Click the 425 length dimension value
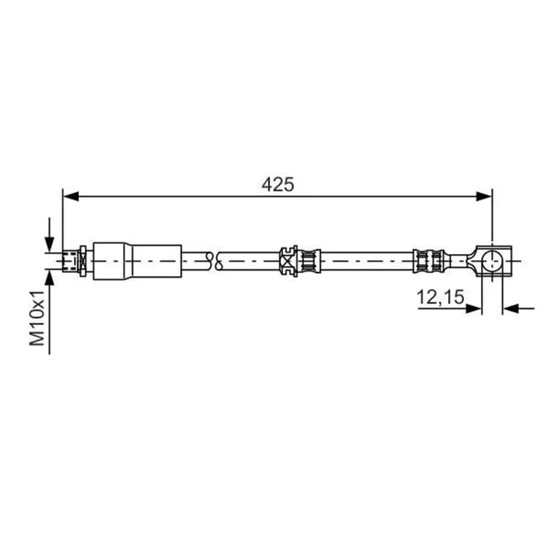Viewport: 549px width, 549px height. [x=277, y=184]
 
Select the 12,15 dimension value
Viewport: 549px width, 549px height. [x=440, y=297]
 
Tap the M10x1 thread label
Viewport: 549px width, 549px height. [x=37, y=318]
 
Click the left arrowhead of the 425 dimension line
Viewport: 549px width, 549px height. [x=70, y=196]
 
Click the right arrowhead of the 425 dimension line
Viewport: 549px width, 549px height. [x=485, y=196]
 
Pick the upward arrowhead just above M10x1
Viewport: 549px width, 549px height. [x=49, y=278]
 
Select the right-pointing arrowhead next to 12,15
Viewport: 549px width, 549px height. [x=474, y=308]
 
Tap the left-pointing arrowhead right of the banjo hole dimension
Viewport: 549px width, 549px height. [x=510, y=308]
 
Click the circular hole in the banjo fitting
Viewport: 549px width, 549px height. [x=492, y=261]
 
